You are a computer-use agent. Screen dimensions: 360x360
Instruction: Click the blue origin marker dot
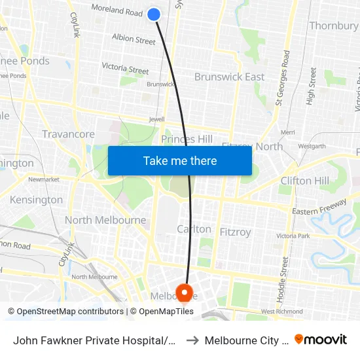click(154, 14)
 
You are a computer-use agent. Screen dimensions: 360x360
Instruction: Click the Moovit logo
click(321, 339)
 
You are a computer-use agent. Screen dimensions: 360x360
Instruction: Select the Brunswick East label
click(229, 77)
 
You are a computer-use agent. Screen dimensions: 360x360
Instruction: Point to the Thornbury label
click(333, 26)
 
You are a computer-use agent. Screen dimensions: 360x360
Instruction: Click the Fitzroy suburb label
click(235, 232)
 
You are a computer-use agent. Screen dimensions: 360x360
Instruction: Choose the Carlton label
click(194, 229)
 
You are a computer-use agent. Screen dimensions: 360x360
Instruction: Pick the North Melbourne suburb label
click(105, 220)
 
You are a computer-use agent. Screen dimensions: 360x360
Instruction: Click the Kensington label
click(37, 200)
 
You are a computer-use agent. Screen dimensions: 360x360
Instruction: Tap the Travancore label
click(68, 134)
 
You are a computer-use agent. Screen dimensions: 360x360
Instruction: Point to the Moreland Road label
click(117, 11)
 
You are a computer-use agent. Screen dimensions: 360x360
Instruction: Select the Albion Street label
click(134, 39)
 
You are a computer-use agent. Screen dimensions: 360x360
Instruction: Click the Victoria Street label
click(125, 68)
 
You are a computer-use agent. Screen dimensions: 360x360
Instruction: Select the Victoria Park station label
click(292, 236)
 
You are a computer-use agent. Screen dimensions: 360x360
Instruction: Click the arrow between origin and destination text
click(191, 340)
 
